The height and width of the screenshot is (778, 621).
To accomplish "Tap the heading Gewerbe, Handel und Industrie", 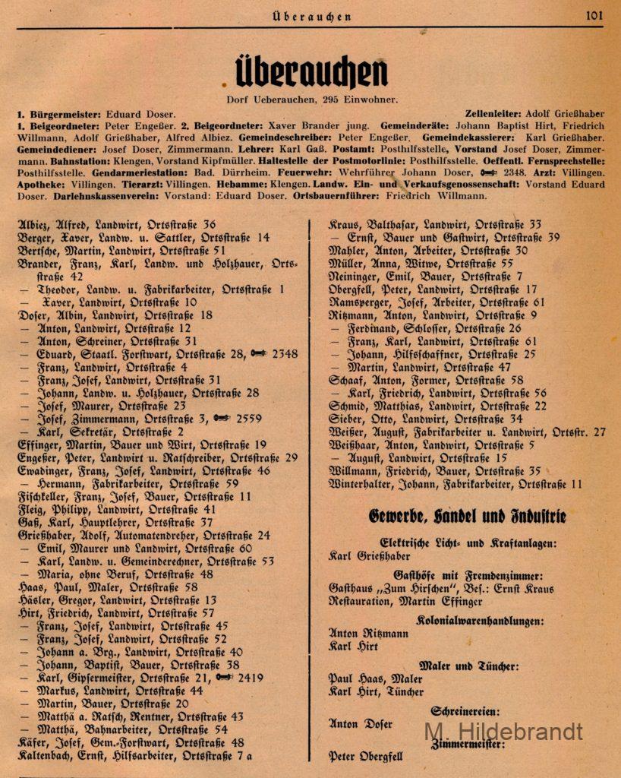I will pyautogui.click(x=467, y=517).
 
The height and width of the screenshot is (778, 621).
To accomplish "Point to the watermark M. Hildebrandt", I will pyautogui.click(x=503, y=732).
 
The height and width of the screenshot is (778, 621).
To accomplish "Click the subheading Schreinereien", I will pyautogui.click(x=465, y=712).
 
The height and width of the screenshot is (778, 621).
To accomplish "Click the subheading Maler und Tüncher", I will pyautogui.click(x=468, y=665).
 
